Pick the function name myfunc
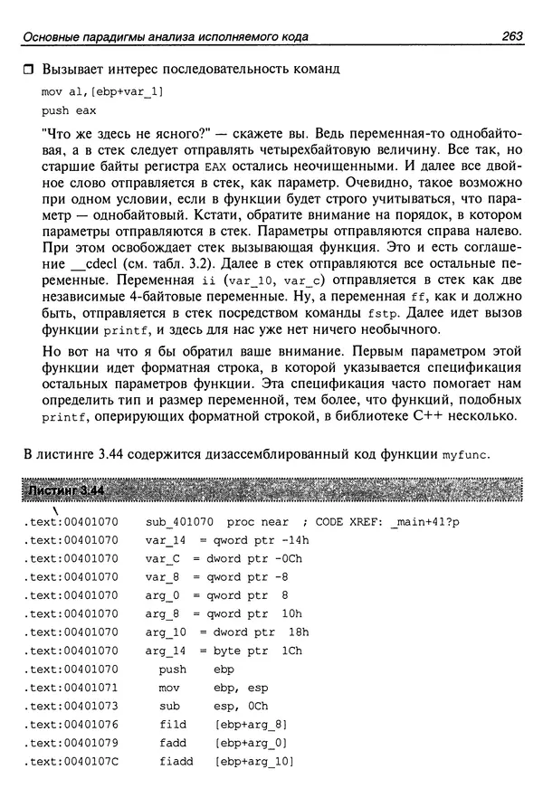tap(465, 454)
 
